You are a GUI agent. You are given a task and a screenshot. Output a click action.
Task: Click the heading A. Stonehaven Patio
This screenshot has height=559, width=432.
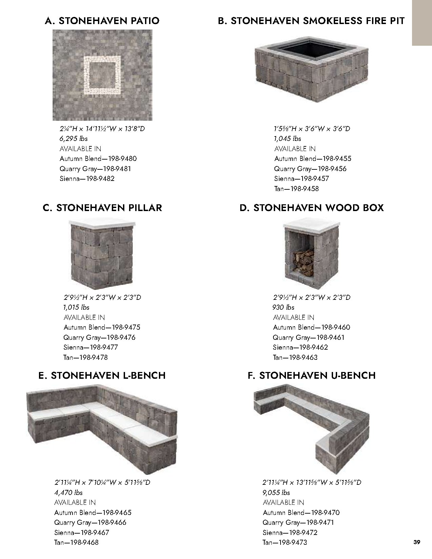point(102,21)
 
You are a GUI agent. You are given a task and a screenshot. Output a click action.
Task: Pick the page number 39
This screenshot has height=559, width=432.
point(417,542)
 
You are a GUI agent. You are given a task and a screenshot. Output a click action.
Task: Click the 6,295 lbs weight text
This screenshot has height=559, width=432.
point(74,139)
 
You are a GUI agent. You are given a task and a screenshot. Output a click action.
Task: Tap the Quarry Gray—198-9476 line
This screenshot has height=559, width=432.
point(99,337)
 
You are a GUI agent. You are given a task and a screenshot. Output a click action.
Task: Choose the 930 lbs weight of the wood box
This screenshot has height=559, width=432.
point(283,307)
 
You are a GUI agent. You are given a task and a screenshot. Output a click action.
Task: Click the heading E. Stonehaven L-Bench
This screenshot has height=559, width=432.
point(102,375)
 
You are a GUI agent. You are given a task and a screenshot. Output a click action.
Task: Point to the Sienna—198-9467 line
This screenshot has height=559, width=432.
point(82,533)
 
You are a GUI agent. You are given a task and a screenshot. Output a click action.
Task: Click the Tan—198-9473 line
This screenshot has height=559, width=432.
point(285,542)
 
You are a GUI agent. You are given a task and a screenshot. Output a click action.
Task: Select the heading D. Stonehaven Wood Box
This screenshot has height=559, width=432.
point(311,207)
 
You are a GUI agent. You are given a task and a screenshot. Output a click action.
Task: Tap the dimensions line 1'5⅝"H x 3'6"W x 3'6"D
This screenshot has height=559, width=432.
point(312,129)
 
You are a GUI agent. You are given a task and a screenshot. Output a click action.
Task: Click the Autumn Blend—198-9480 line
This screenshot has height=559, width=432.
point(98,159)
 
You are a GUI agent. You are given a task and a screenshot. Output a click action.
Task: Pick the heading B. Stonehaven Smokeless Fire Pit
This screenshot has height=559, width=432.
point(311,21)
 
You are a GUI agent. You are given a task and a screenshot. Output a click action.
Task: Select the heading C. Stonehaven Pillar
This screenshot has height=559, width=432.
point(102,207)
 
